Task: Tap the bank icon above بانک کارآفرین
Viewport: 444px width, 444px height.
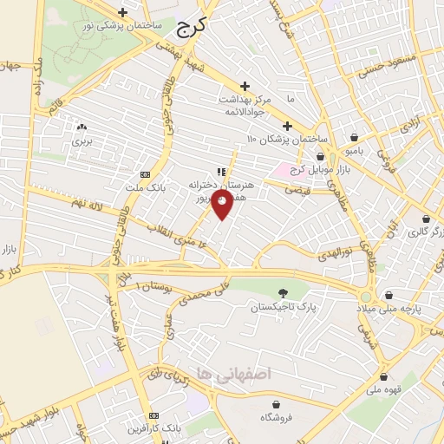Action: pyautogui.click(x=154, y=416)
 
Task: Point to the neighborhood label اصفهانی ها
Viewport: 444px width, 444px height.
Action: pyautogui.click(x=234, y=372)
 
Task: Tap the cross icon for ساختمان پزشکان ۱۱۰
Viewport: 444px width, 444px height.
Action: pyautogui.click(x=287, y=126)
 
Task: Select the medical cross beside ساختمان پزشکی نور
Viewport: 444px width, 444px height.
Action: pyautogui.click(x=123, y=13)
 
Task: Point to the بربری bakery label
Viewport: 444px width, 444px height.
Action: pyautogui.click(x=82, y=139)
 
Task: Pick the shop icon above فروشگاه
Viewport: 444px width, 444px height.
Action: pyautogui.click(x=276, y=404)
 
